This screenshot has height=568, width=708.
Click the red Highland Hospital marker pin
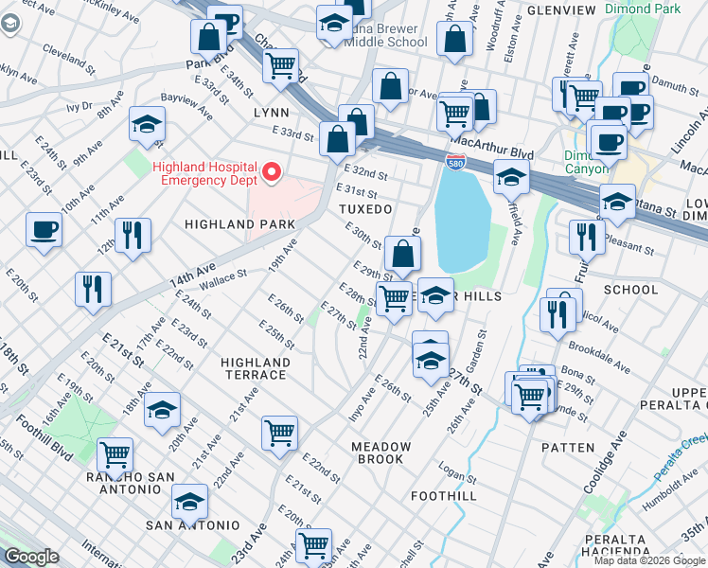point(272,172)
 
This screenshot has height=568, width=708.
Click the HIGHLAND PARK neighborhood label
point(239,224)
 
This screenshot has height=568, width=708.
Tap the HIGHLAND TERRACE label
point(255,368)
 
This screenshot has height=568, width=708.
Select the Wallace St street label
point(221,276)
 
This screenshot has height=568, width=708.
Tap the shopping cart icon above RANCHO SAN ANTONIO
point(115,453)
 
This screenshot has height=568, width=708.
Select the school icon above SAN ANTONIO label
point(190,501)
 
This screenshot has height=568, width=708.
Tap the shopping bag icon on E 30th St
point(403,254)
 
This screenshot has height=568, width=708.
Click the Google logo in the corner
point(31,557)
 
